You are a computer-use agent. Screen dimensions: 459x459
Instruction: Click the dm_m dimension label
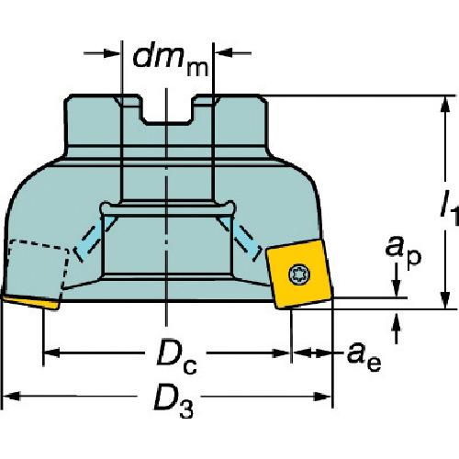pyautogui.click(x=171, y=62)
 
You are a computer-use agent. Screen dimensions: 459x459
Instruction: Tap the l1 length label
pyautogui.click(x=449, y=208)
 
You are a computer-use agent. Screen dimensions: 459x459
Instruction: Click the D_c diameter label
pyautogui.click(x=176, y=356)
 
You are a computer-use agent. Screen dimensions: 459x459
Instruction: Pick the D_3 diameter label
pyautogui.click(x=174, y=401)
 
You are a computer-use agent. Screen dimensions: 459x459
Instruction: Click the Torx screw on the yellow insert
pyautogui.click(x=299, y=274)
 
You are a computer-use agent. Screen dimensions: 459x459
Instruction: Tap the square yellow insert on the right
pyautogui.click(x=299, y=274)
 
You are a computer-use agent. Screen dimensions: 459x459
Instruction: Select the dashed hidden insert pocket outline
pyautogui.click(x=38, y=266)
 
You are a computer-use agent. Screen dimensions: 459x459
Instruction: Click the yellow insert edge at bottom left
pyautogui.click(x=30, y=302)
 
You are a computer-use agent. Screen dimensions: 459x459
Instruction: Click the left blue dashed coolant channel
pyautogui.click(x=95, y=239)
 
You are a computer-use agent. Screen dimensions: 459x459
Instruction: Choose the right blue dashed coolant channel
pyautogui.click(x=240, y=239)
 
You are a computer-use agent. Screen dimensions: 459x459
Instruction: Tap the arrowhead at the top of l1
pyautogui.click(x=445, y=105)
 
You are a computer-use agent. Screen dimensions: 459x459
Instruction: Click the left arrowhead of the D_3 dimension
pyautogui.click(x=11, y=397)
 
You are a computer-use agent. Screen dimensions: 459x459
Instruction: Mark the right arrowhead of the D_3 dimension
pyautogui.click(x=323, y=397)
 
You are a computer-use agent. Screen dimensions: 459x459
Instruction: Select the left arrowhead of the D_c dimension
pyautogui.click(x=52, y=353)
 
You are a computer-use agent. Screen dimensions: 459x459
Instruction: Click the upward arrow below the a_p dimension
pyautogui.click(x=397, y=329)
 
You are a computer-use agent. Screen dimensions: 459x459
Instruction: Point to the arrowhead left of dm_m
pyautogui.click(x=111, y=53)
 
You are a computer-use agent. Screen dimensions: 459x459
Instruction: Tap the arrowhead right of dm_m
pyautogui.click(x=223, y=53)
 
